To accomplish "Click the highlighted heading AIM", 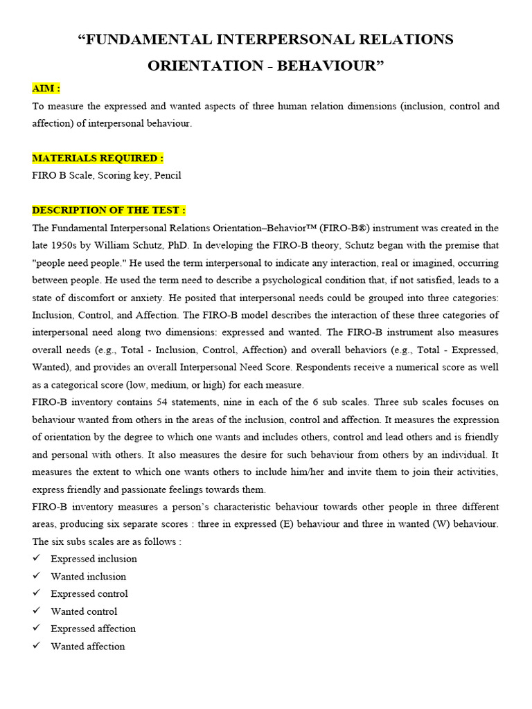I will coord(46,89).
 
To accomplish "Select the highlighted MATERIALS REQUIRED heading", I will coord(98,158).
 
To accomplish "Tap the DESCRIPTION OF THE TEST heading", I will coord(109,210).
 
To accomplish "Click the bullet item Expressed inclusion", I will coord(94,559).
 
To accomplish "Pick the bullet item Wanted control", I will coord(84,611).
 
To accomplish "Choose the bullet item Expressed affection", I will coord(93,629).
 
